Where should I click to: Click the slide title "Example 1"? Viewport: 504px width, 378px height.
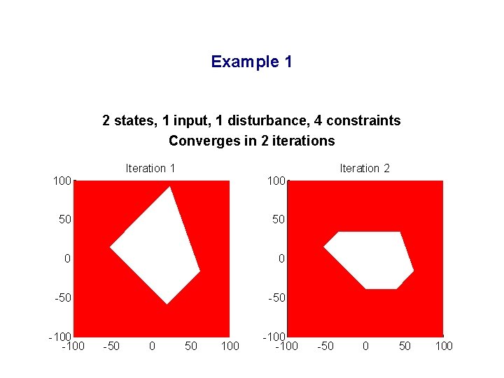(251, 62)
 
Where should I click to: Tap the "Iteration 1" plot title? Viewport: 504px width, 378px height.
(150, 168)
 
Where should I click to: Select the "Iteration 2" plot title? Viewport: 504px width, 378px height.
(365, 168)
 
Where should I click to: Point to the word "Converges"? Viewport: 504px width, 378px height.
(199, 141)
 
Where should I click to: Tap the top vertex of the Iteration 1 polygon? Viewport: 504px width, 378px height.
(169, 187)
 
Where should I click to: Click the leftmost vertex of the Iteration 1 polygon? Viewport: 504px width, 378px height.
(111, 247)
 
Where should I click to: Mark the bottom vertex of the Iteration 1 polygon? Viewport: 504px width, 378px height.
(167, 303)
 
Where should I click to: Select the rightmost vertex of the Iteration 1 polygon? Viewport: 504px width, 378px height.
(199, 270)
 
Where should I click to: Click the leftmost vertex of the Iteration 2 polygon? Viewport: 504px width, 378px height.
(324, 247)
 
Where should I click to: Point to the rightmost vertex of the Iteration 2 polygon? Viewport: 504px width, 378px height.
(413, 270)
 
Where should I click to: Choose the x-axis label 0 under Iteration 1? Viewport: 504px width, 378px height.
(152, 346)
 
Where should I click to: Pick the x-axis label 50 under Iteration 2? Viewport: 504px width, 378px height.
(405, 346)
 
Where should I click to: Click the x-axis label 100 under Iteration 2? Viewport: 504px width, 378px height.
(443, 346)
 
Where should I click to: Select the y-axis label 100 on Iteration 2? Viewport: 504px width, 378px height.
(276, 181)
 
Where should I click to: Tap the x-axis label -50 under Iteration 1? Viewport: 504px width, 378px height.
(111, 346)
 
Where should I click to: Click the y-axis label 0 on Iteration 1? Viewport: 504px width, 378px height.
(67, 259)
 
